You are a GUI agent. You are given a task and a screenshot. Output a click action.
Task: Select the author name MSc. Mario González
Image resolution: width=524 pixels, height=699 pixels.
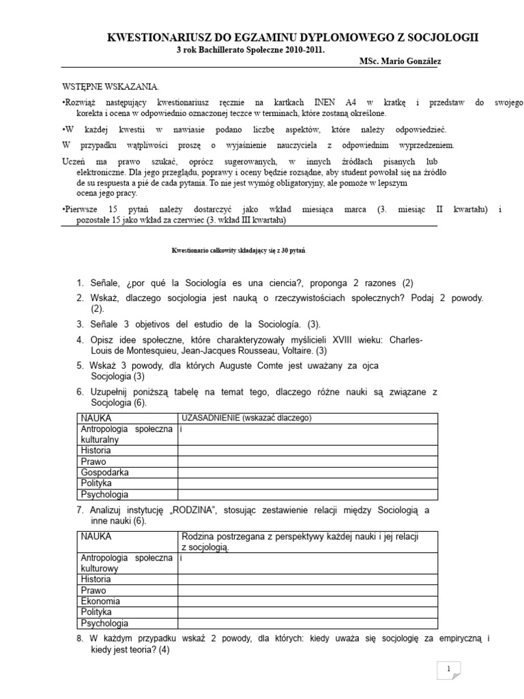tap(400, 61)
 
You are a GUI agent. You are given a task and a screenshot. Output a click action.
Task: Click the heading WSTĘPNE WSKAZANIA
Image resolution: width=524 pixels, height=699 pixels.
tap(110, 87)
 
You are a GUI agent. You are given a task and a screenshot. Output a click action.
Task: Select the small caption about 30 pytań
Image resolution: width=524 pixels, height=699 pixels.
tap(238, 251)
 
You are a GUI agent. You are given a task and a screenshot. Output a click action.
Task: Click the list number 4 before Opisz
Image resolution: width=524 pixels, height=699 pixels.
tap(79, 339)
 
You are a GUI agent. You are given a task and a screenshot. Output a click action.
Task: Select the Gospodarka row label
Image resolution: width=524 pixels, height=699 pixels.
tap(105, 472)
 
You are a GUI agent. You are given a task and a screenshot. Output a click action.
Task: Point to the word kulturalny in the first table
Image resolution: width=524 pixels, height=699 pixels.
tap(100, 440)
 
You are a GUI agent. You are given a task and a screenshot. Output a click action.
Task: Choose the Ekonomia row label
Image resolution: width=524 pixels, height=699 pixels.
tap(100, 601)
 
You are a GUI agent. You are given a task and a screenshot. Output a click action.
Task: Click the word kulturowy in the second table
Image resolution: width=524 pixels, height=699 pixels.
tap(100, 568)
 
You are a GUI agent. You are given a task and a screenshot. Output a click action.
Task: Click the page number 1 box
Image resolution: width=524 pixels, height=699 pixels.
tap(449, 670)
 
